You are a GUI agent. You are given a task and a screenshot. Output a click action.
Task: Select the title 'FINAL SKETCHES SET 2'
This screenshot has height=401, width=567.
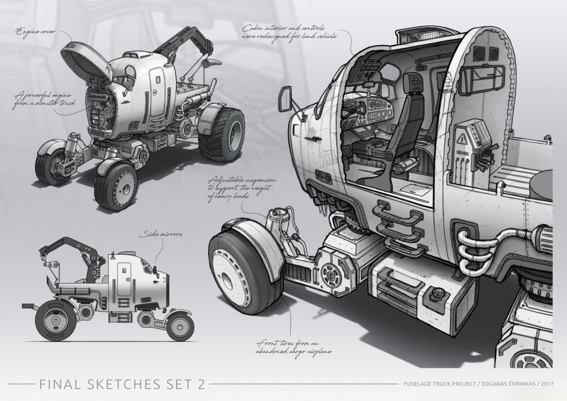(122, 385)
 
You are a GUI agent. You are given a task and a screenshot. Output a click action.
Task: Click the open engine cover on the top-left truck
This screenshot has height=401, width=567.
(86, 60)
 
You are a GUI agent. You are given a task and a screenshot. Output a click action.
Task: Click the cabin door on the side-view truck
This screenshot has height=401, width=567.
(124, 277)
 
